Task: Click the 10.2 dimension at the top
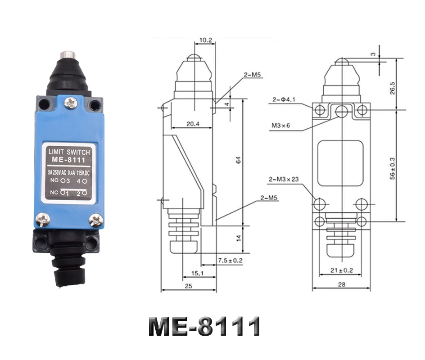pyautogui.click(x=205, y=40)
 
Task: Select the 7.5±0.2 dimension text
pyautogui.click(x=230, y=260)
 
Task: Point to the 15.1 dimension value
pyautogui.click(x=197, y=273)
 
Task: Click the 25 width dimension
pyautogui.click(x=188, y=286)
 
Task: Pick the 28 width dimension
pyautogui.click(x=342, y=284)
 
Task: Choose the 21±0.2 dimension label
pyautogui.click(x=342, y=270)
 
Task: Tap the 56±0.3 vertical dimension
pyautogui.click(x=392, y=169)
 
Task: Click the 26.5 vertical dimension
pyautogui.click(x=392, y=88)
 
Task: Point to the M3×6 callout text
pyautogui.click(x=281, y=126)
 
